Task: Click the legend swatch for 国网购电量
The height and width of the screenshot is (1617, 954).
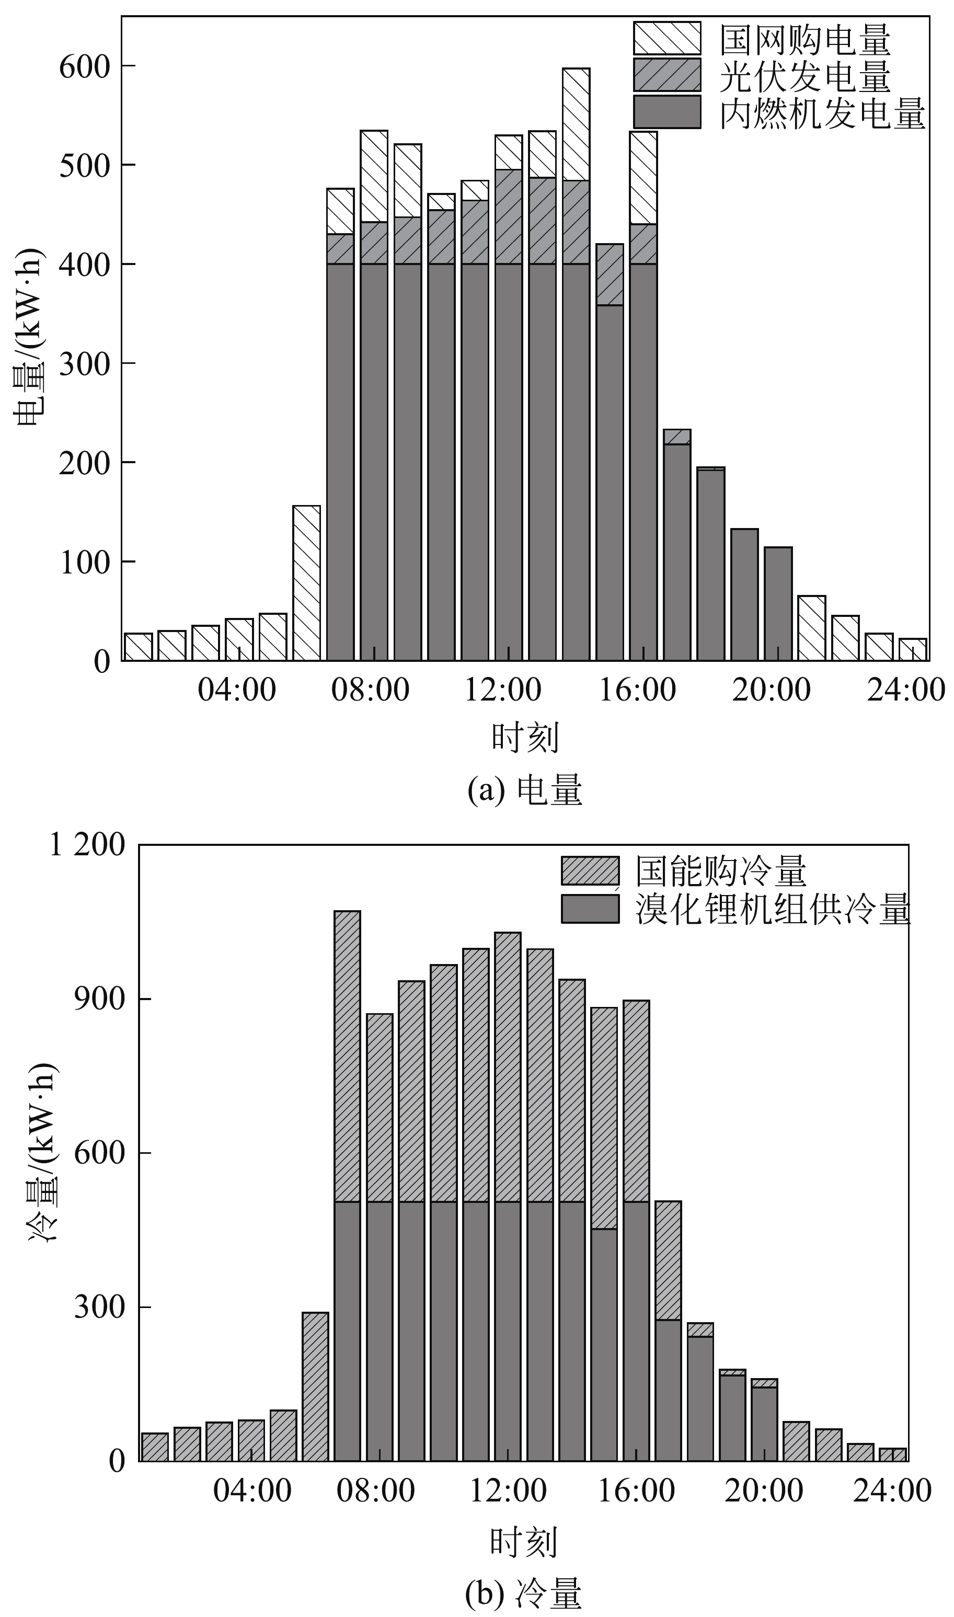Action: click(666, 38)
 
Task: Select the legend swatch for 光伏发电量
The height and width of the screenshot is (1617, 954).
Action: click(666, 75)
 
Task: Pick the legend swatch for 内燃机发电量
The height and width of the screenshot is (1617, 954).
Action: click(666, 112)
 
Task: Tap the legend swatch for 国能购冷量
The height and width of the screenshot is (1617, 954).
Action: click(590, 871)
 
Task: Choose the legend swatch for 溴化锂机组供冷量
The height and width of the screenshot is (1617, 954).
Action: click(590, 909)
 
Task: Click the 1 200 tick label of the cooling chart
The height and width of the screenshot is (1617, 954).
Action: click(87, 845)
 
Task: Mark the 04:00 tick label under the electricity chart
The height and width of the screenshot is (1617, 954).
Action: click(237, 690)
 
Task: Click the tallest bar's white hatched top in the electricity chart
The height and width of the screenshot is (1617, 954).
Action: click(576, 123)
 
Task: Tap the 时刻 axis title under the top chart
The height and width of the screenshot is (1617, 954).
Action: click(525, 737)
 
